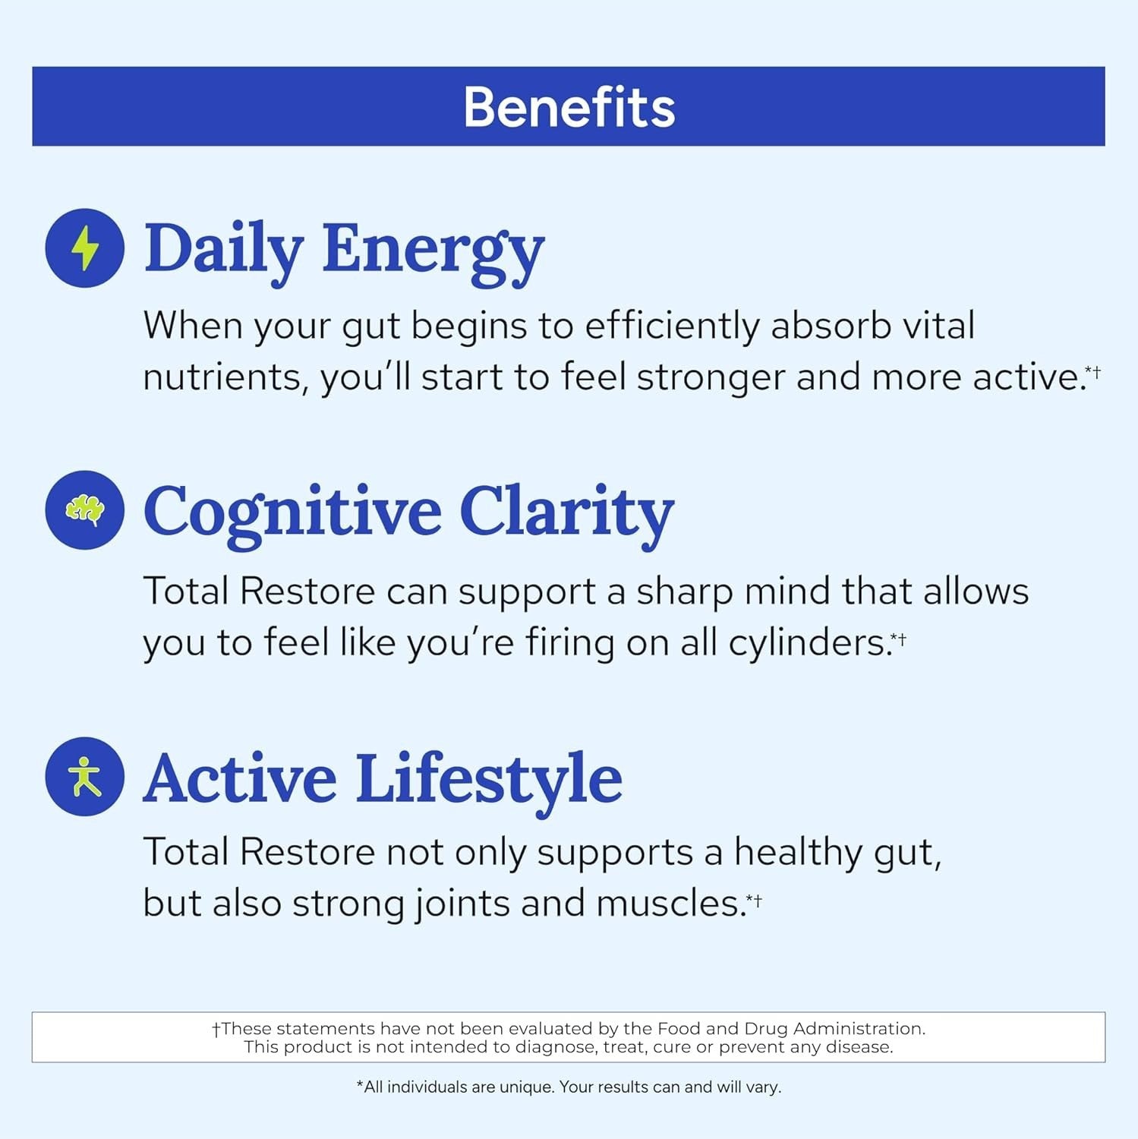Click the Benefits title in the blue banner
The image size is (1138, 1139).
coord(569,107)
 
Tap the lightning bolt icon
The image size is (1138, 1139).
coord(85,248)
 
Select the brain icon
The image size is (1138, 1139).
coord(85,510)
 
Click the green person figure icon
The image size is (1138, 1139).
coord(85,776)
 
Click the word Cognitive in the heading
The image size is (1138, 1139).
coord(292,513)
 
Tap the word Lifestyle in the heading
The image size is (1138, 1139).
coord(489,779)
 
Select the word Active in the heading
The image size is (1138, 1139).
coord(240,779)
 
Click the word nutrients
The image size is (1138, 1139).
coord(225,377)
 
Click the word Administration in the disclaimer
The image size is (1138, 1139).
coord(859,1029)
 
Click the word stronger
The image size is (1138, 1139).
coord(711,377)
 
